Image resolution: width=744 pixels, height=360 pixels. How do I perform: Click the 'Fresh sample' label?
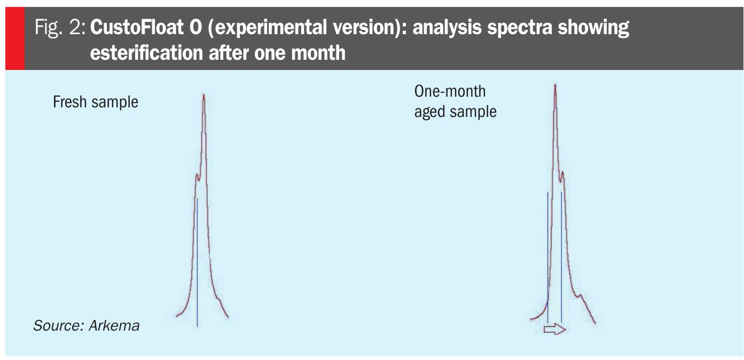(x=95, y=102)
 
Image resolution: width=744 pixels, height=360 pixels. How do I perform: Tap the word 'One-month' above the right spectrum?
(x=450, y=91)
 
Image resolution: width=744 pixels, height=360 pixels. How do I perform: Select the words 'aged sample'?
(x=455, y=112)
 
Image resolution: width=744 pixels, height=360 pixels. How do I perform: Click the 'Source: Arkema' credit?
(x=86, y=325)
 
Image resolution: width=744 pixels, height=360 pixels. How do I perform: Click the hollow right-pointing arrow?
(x=554, y=330)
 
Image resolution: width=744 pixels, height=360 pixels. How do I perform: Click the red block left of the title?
(x=14, y=38)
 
